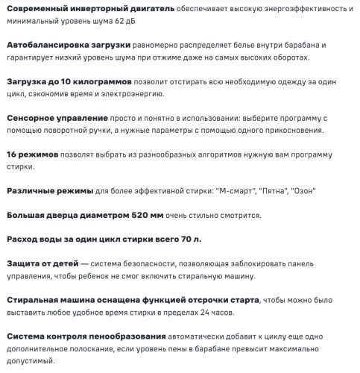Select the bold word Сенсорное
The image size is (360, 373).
(31, 119)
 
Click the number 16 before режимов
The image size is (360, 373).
(12, 154)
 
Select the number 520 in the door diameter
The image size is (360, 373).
(136, 215)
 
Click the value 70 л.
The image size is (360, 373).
(192, 239)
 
